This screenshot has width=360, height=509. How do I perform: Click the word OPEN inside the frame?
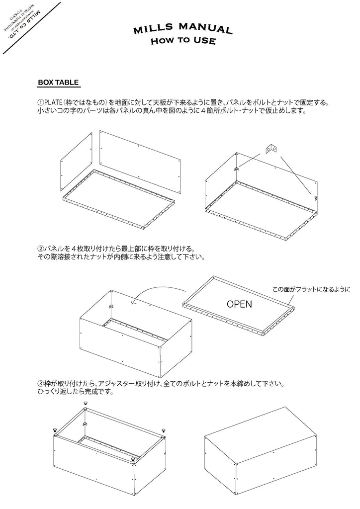coord(239,304)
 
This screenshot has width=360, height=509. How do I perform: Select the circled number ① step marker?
coord(40,103)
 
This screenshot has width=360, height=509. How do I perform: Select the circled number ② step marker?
coord(40,248)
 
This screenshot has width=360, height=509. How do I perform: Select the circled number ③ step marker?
coord(40,384)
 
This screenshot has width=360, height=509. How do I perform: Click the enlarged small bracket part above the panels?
coord(272,148)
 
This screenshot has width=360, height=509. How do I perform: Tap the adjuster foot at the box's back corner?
coord(86,404)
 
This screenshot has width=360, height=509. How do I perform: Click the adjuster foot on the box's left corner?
coord(54,430)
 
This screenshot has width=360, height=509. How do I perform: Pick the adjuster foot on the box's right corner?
coord(163,430)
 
